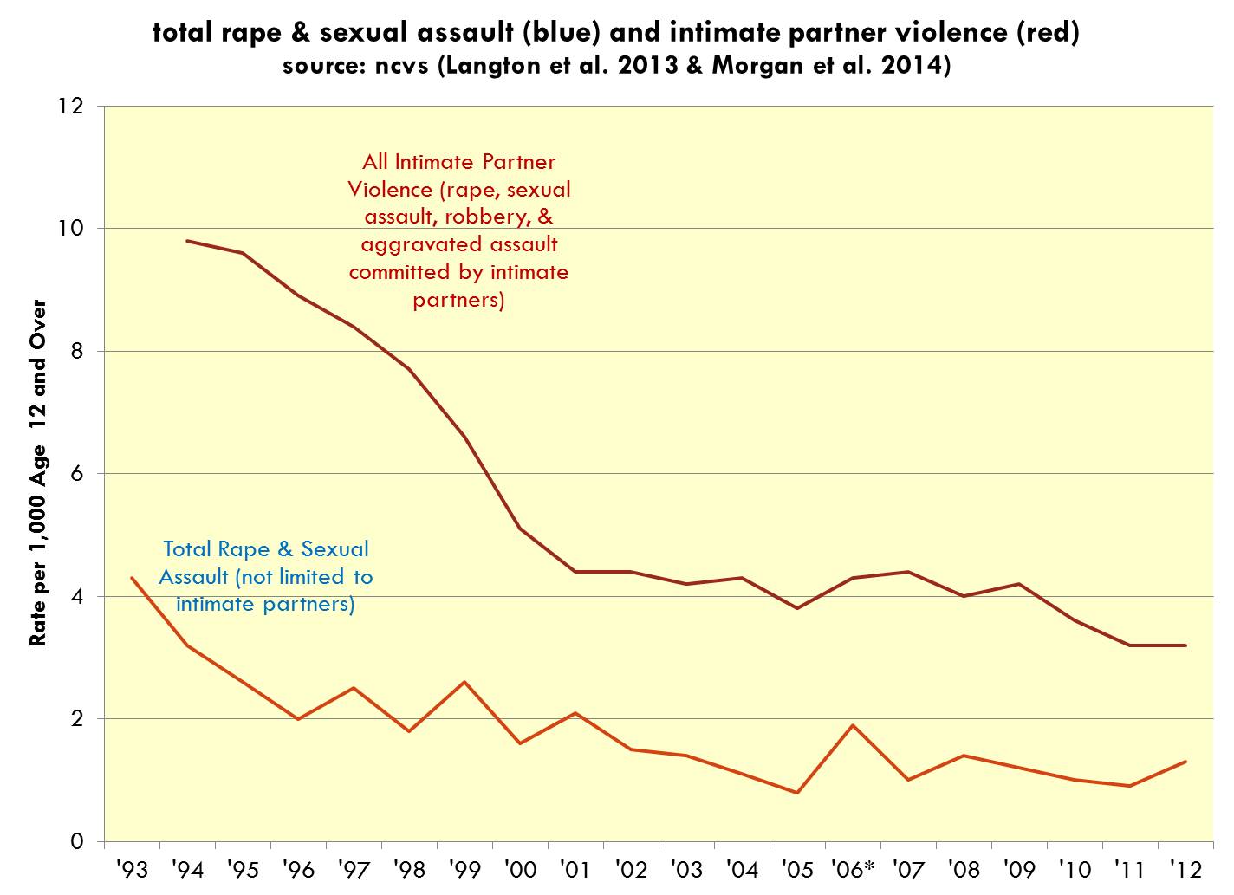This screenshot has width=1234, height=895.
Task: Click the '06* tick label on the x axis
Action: click(x=853, y=869)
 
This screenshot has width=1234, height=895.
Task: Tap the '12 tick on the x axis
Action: click(x=1185, y=869)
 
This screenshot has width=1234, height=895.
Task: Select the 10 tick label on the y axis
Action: click(x=70, y=229)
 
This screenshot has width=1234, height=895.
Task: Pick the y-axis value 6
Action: click(x=77, y=474)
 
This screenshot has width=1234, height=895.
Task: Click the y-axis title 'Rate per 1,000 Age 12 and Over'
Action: click(x=38, y=474)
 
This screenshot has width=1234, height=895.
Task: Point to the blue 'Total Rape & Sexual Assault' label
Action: click(x=266, y=576)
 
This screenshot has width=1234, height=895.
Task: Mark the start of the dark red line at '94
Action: click(x=187, y=241)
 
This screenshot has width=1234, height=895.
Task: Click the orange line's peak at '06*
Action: click(x=853, y=725)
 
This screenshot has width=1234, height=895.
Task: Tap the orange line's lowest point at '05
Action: click(x=797, y=793)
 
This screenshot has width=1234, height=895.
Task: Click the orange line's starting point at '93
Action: click(x=132, y=578)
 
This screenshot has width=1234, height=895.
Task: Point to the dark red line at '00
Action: click(x=520, y=529)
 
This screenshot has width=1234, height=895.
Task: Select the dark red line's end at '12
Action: click(x=1185, y=645)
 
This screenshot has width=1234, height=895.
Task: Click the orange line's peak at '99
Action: click(x=464, y=682)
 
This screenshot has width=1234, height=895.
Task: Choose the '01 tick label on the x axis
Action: click(x=575, y=869)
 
